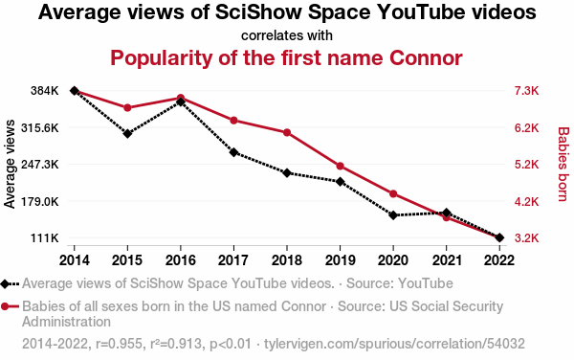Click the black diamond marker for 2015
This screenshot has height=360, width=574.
click(127, 134)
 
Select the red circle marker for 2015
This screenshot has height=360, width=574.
click(127, 107)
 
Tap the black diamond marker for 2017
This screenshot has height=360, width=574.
click(233, 152)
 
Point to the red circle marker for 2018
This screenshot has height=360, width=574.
click(287, 132)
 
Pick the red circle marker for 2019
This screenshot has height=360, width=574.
click(340, 167)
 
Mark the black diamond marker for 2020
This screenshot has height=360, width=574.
click(393, 215)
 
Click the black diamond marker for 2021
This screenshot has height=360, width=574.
click(446, 213)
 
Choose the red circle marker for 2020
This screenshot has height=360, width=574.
click(393, 193)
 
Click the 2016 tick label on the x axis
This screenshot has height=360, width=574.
click(181, 260)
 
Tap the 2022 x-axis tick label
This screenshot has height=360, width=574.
click(499, 260)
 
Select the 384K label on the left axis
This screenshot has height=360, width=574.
click(45, 91)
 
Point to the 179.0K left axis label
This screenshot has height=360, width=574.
click(40, 201)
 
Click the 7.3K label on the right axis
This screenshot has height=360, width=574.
click(527, 91)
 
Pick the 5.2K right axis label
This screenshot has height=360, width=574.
click(527, 165)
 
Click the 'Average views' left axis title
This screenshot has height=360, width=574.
click(10, 164)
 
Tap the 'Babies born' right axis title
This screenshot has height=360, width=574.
click(563, 164)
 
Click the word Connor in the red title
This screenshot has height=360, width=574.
click(426, 57)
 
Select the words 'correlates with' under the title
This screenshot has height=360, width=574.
click(287, 35)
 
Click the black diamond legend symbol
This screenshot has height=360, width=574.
click(5, 283)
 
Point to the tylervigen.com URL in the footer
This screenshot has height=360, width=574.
click(394, 344)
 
